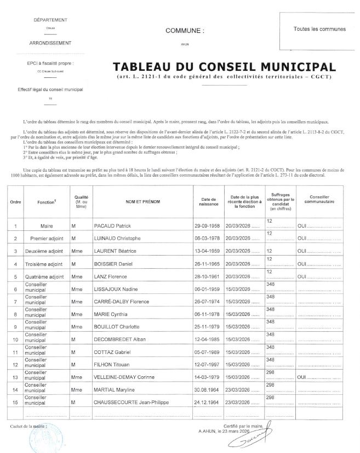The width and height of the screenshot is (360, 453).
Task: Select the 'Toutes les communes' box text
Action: (x=319, y=29)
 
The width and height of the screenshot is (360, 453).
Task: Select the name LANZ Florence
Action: (x=112, y=276)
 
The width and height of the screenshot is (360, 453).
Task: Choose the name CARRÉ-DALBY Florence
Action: (x=123, y=302)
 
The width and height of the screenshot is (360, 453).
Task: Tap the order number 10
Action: (x=16, y=341)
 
